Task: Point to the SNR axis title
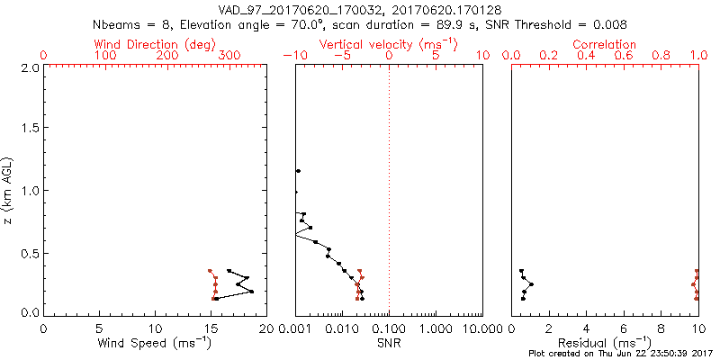389,344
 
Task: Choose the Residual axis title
605,344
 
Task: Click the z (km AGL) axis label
10,190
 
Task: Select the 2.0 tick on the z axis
29,67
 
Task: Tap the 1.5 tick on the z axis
29,129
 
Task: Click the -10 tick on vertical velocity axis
292,57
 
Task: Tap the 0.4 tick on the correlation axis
586,57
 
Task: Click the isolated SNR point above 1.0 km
298,171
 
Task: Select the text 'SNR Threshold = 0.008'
563,24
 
